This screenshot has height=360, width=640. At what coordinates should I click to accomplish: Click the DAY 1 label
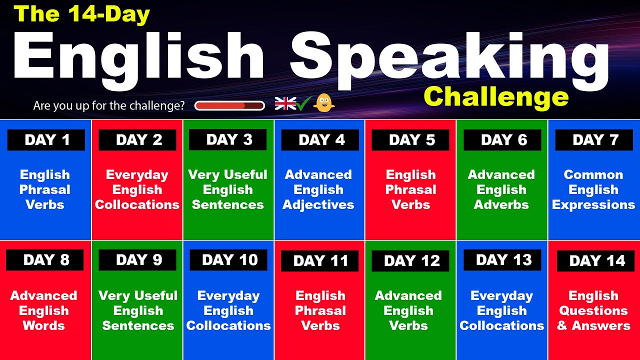pyautogui.click(x=46, y=140)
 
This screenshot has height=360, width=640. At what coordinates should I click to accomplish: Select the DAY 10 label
pyautogui.click(x=229, y=260)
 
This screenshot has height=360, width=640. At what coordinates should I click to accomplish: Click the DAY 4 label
pyautogui.click(x=320, y=140)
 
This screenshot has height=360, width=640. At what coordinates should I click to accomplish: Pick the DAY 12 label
pyautogui.click(x=411, y=261)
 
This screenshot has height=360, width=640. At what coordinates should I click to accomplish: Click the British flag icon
pyautogui.click(x=285, y=103)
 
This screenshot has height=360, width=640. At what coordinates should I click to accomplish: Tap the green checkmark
pyautogui.click(x=304, y=103)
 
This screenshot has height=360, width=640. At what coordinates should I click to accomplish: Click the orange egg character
pyautogui.click(x=323, y=103)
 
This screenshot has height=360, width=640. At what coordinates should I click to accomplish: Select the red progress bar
pyautogui.click(x=229, y=105)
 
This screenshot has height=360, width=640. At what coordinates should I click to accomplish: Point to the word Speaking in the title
pyautogui.click(x=449, y=57)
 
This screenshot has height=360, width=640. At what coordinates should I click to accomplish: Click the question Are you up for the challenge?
pyautogui.click(x=109, y=106)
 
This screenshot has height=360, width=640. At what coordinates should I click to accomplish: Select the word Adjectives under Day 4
pyautogui.click(x=318, y=205)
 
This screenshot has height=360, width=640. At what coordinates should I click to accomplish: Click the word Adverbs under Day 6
pyautogui.click(x=501, y=205)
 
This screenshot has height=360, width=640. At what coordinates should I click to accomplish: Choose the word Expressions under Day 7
pyautogui.click(x=593, y=205)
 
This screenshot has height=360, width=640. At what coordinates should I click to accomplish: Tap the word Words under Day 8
pyautogui.click(x=44, y=326)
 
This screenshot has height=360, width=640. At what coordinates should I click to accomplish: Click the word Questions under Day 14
pyautogui.click(x=593, y=311)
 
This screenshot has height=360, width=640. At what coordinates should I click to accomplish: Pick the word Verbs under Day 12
pyautogui.click(x=408, y=326)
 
